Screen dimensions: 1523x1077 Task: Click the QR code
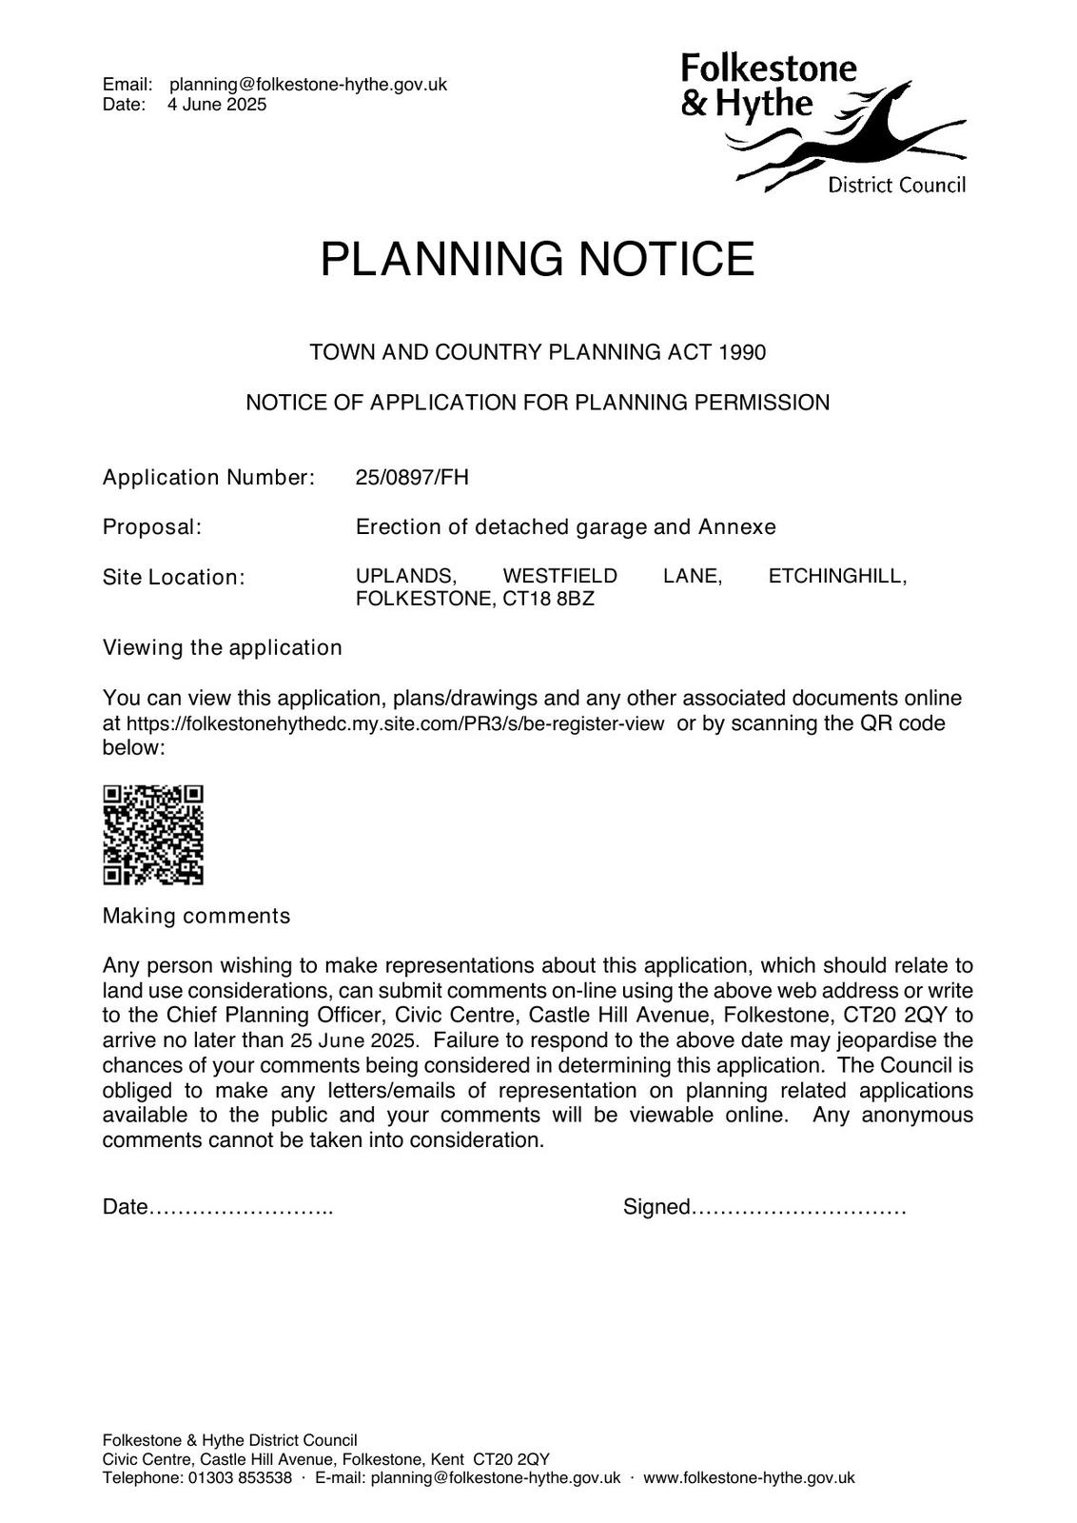pos(153,835)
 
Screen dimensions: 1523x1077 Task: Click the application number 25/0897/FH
pos(412,477)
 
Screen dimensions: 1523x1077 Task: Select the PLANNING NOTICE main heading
pos(538,259)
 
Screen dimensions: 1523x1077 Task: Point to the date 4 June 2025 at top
pos(217,105)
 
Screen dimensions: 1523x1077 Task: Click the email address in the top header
pos(308,85)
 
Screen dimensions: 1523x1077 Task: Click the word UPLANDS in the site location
pos(405,576)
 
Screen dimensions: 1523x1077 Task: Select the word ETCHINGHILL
pos(837,576)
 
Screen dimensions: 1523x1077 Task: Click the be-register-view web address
pos(395,723)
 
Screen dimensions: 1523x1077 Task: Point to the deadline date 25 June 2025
pos(354,1039)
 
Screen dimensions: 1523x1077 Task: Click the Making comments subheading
pos(196,916)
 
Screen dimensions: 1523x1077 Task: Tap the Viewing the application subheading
pos(222,647)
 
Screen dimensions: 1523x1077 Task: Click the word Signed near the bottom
pos(656,1207)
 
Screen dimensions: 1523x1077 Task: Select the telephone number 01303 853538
pos(240,1477)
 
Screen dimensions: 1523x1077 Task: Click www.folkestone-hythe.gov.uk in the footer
pos(749,1477)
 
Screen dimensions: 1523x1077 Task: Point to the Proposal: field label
pos(152,526)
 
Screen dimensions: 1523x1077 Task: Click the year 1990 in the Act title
pos(742,352)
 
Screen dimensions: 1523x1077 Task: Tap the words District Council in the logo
pos(896,185)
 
